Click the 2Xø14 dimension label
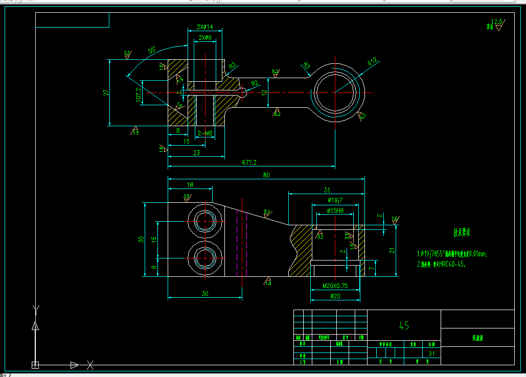pyautogui.click(x=204, y=27)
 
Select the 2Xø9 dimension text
pyautogui.click(x=204, y=38)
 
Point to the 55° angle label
pyautogui.click(x=152, y=51)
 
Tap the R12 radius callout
pyautogui.click(x=372, y=61)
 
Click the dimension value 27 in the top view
pyautogui.click(x=106, y=92)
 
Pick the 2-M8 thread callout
pyautogui.click(x=204, y=133)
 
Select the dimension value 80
pyautogui.click(x=266, y=175)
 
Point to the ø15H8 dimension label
pyautogui.click(x=335, y=210)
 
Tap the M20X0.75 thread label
pyautogui.click(x=335, y=286)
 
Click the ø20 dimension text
pyautogui.click(x=335, y=296)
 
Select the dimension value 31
pyautogui.click(x=327, y=190)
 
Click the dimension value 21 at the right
pyautogui.click(x=392, y=250)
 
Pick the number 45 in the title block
pyautogui.click(x=404, y=326)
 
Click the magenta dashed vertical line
pyautogui.click(x=247, y=244)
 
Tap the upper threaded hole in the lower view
pyautogui.click(x=205, y=221)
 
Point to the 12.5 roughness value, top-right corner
pyautogui.click(x=496, y=22)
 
